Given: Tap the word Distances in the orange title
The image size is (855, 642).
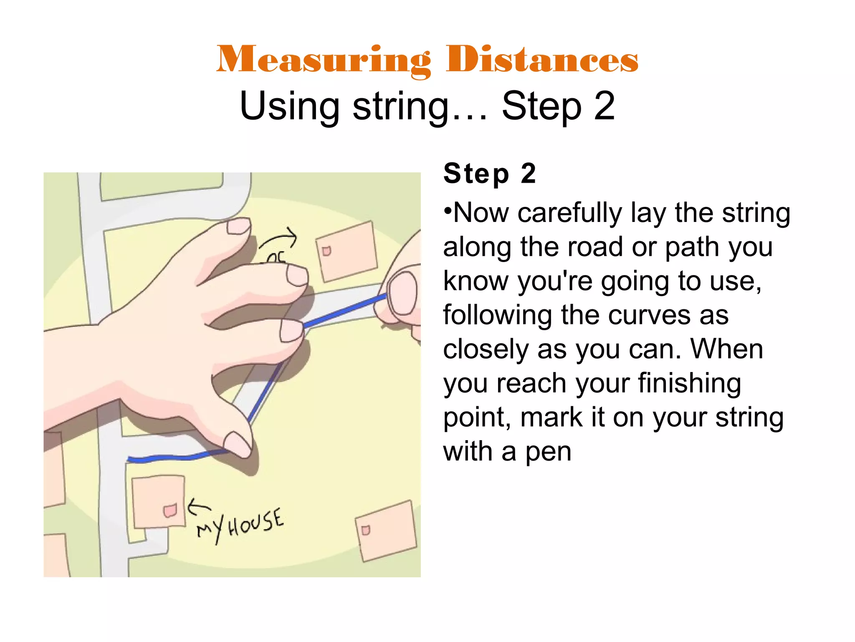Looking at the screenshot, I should point(542,60).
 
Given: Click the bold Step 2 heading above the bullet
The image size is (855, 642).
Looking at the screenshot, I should point(489,173).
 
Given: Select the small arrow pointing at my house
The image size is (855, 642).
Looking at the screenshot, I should point(198,507).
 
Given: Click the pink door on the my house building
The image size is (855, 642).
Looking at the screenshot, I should point(170,510).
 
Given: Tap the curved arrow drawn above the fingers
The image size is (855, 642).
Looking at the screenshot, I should point(279,239).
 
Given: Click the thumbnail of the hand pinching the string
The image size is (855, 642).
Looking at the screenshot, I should point(403,293).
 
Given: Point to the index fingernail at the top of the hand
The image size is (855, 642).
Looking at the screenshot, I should point(238,226).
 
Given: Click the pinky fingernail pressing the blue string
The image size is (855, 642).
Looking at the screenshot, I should point(237,445).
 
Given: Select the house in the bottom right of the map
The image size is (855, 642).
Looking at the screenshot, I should point(386,531).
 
